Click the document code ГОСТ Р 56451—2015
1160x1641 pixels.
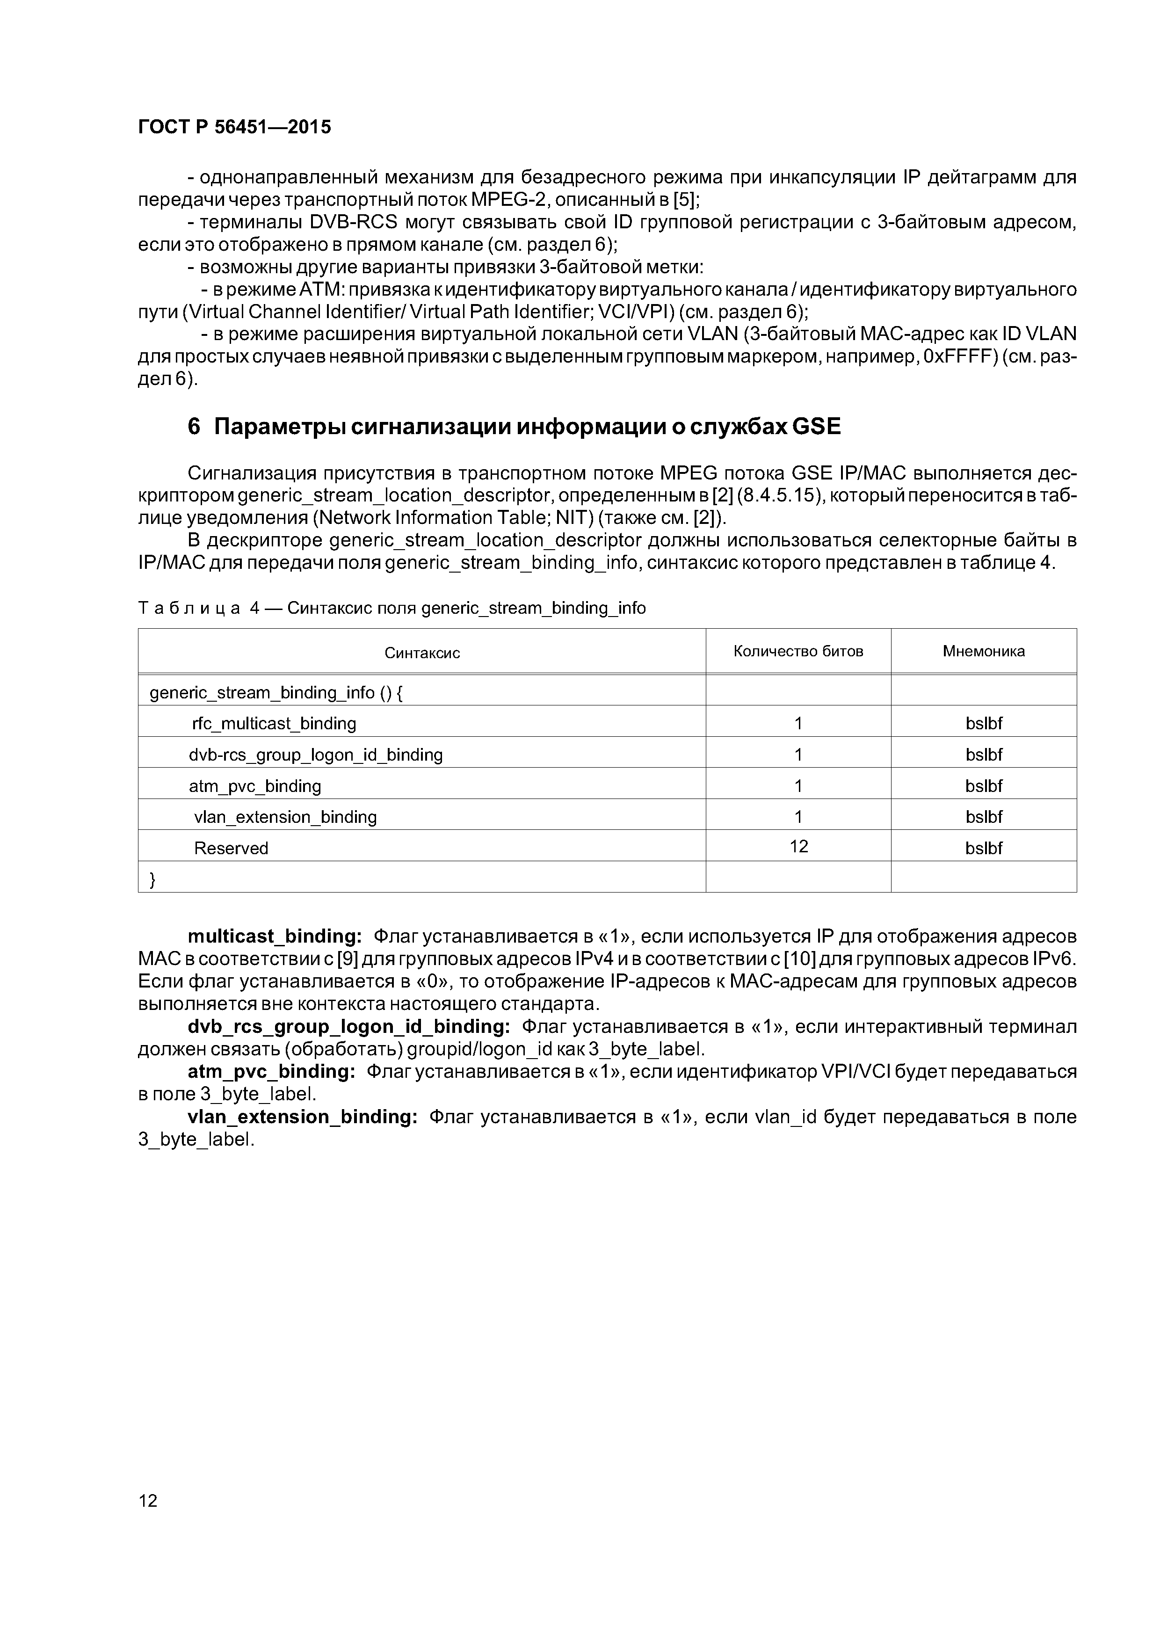point(234,127)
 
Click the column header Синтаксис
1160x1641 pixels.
point(422,653)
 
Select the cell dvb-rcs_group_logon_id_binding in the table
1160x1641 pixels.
point(315,755)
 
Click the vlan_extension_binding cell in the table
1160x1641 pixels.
point(285,817)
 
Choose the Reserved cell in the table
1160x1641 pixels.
point(231,849)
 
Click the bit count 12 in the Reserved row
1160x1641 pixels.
point(798,847)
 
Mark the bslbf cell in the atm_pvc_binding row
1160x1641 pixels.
point(984,786)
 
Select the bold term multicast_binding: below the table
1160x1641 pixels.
point(275,937)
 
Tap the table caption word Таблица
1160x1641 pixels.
point(188,608)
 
